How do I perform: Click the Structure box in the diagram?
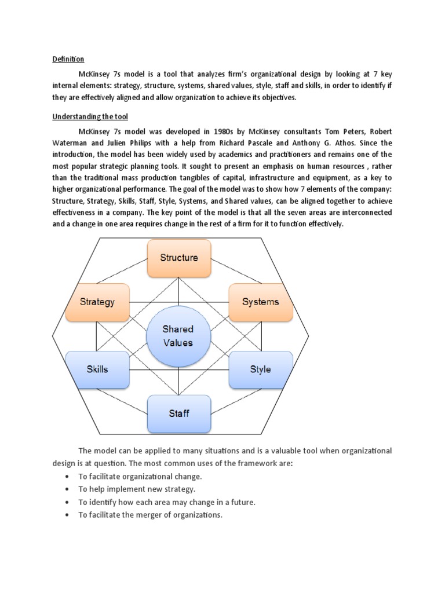click(178, 258)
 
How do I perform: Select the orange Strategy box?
click(97, 302)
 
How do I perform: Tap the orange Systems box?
click(260, 302)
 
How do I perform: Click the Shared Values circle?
click(178, 336)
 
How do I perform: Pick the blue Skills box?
click(97, 369)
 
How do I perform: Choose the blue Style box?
click(260, 369)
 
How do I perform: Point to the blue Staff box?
click(178, 413)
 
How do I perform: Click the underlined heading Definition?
click(68, 59)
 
